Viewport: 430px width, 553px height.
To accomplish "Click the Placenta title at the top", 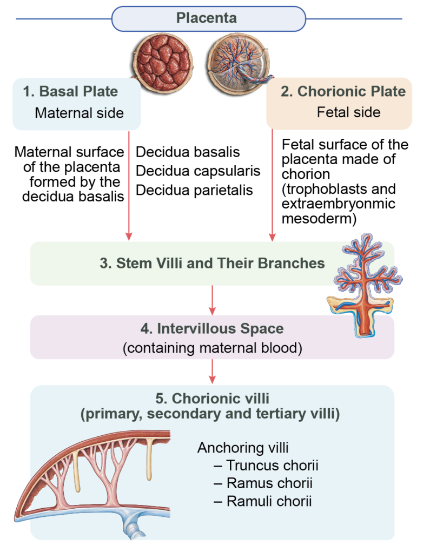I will tap(206, 18).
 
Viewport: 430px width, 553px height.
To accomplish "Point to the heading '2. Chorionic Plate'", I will tap(343, 91).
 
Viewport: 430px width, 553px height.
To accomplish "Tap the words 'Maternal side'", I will tap(79, 113).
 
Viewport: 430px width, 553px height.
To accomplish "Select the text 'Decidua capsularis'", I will tap(198, 172).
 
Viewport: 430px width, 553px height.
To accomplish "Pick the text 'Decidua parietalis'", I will tap(195, 191).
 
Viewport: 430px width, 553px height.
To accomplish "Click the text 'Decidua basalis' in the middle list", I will tap(188, 153).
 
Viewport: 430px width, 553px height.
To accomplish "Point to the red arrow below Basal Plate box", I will tap(129, 184).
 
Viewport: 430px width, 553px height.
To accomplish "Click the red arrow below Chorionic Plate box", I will tap(272, 184).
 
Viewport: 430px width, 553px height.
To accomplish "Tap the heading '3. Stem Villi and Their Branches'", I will tap(213, 264).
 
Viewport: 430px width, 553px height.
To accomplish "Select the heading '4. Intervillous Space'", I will tap(212, 328).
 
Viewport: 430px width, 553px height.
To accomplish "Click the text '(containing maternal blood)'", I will tap(212, 347).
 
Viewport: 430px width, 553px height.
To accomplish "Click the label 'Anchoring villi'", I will tap(236, 448).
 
